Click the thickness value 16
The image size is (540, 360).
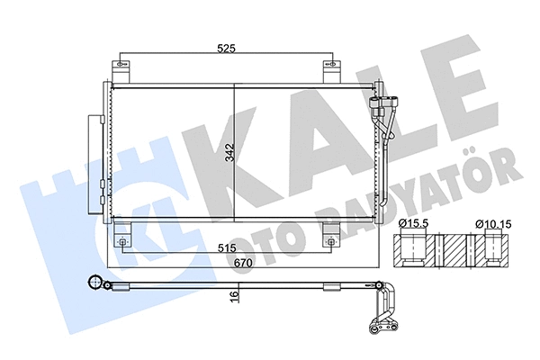tap(233, 296)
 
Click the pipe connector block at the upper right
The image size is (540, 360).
tap(385, 100)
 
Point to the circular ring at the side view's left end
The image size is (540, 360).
tap(92, 283)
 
